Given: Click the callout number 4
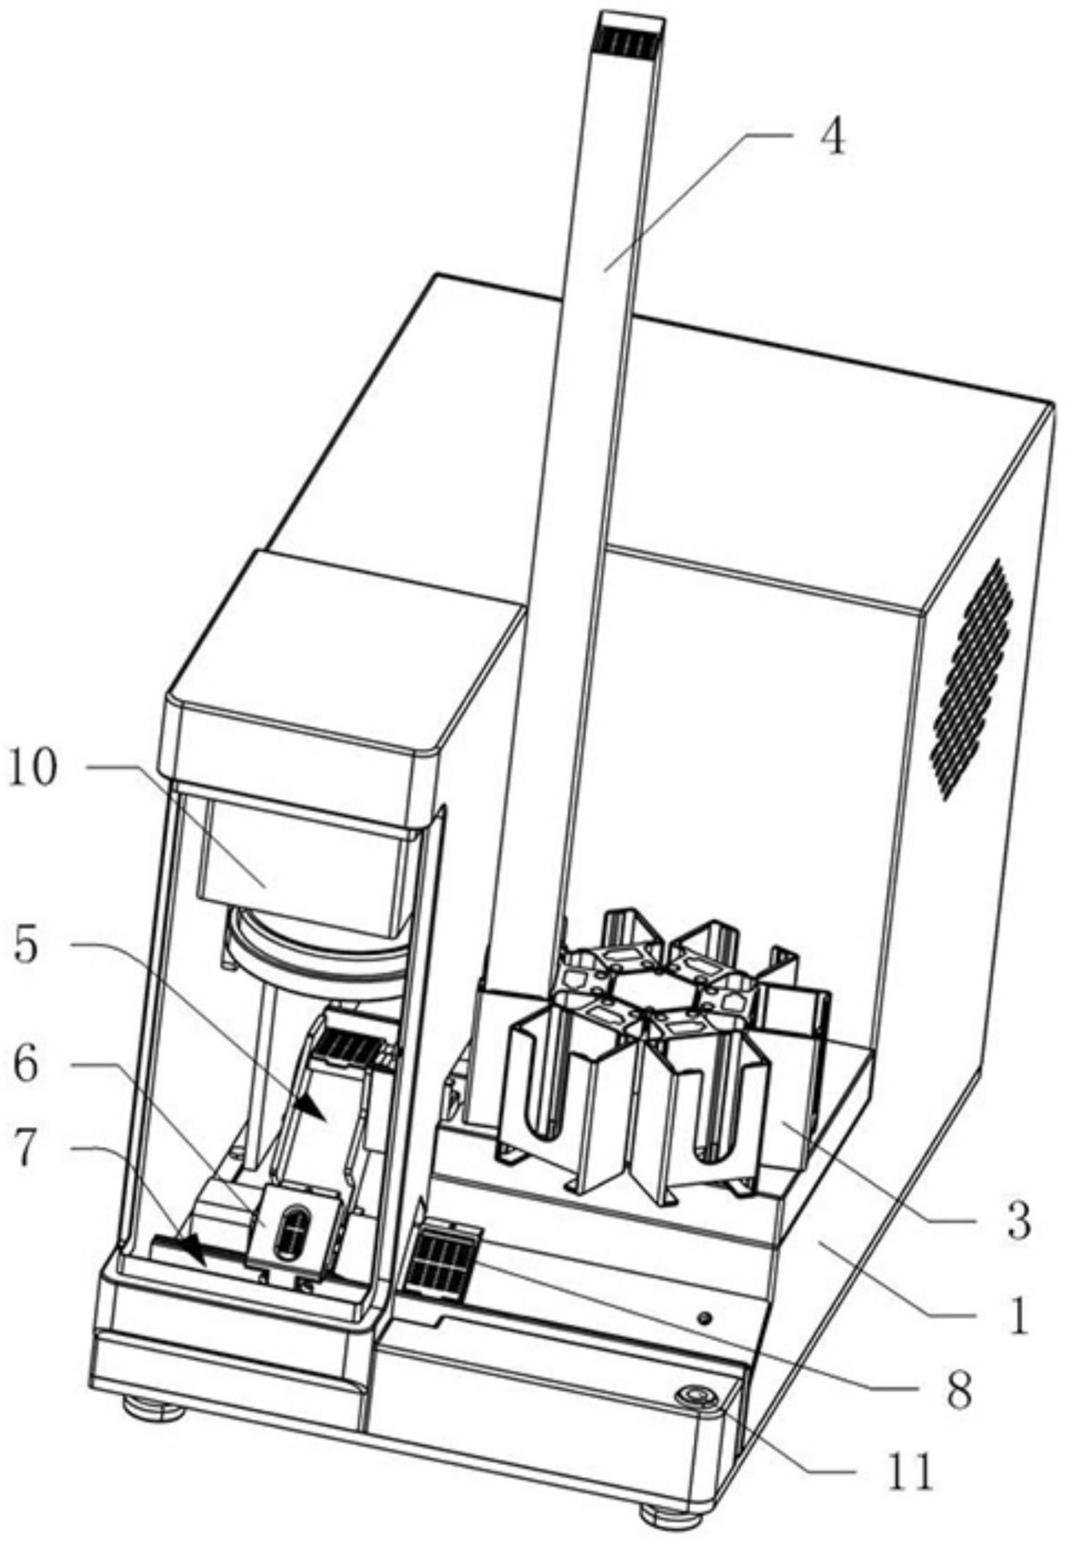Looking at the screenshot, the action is [x=834, y=139].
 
